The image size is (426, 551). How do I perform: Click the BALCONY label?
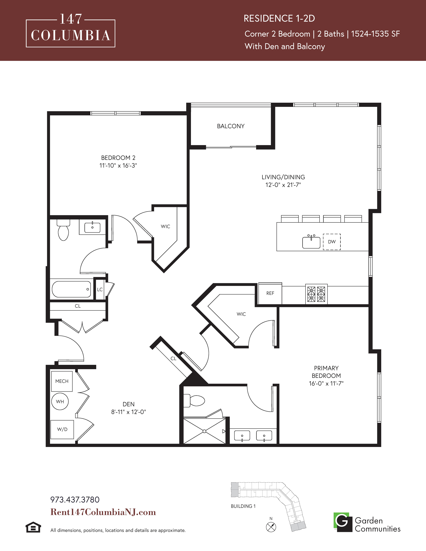click(231, 126)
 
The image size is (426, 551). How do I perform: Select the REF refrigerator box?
click(270, 293)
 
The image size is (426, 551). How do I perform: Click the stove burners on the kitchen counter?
click(316, 294)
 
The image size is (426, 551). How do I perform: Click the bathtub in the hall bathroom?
click(72, 289)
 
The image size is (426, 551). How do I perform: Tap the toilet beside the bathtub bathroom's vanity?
click(63, 230)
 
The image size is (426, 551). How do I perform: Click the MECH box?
click(62, 381)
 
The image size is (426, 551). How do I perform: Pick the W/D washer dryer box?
click(62, 429)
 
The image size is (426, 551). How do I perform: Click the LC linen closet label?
click(100, 289)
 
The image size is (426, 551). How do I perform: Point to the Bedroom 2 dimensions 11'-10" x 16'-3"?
click(118, 165)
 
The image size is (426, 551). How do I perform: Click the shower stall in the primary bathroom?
click(204, 431)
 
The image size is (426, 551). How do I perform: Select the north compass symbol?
click(271, 527)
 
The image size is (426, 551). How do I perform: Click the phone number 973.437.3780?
click(75, 500)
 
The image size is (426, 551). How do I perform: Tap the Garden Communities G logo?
click(343, 522)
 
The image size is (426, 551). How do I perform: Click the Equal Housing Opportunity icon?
click(33, 527)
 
